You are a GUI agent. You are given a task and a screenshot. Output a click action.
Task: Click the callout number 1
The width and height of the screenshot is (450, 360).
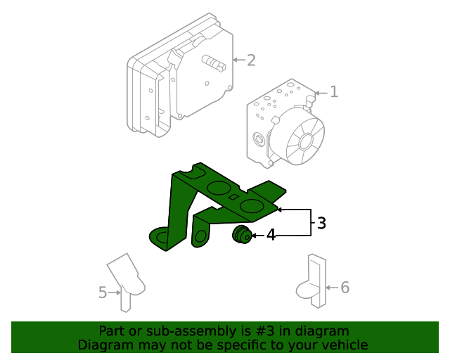(x=334, y=91)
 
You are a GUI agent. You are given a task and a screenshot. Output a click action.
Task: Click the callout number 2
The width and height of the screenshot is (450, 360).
(x=250, y=60)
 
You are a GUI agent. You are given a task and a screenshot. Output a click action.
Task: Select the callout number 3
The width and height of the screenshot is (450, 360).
(x=321, y=224)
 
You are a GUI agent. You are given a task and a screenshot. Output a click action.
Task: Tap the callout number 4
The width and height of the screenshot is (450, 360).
(x=271, y=236)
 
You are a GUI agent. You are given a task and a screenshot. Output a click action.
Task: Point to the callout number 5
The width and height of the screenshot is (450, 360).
(x=103, y=292)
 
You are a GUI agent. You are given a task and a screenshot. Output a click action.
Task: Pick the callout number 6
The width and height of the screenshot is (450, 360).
(x=345, y=287)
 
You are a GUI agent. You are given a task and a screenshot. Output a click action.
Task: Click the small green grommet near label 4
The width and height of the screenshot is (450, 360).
(x=243, y=236)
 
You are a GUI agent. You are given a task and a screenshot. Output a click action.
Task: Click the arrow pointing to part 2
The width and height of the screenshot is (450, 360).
(x=238, y=60)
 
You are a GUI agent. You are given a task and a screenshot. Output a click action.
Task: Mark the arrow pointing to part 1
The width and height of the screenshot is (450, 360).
(x=321, y=92)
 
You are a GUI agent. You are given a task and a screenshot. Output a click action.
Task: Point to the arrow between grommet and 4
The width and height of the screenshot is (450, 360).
(x=258, y=236)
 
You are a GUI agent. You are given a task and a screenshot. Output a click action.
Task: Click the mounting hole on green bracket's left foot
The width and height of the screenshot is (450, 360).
(x=161, y=237)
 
